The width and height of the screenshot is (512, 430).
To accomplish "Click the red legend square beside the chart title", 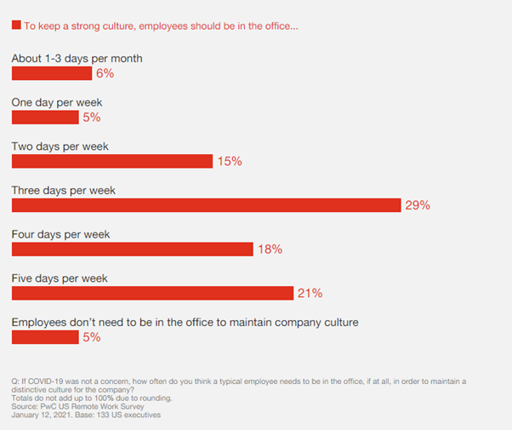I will [16, 26].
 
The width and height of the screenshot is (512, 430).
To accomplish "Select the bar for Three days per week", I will [206, 205].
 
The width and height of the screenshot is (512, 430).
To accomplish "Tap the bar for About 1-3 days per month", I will [51, 73].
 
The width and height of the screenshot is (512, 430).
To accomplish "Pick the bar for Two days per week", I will [111, 161].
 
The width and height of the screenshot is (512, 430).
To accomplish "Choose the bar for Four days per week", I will [132, 249].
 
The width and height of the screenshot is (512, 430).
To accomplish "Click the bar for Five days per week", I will [152, 293].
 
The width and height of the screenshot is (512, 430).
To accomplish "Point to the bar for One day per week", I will [44, 117].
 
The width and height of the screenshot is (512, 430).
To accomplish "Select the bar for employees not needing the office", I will [44, 337].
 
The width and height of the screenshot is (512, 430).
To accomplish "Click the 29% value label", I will [418, 205].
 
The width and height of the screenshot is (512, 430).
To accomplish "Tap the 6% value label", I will [105, 73].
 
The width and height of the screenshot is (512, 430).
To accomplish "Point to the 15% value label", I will [230, 161].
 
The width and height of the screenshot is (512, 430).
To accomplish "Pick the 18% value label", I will [270, 249].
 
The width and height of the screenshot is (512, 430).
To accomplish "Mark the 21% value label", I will [310, 294].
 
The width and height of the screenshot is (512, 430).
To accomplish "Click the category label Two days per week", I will [60, 146].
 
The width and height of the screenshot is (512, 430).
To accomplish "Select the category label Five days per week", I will [60, 278].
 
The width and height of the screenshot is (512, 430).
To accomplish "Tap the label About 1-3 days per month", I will [77, 59].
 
